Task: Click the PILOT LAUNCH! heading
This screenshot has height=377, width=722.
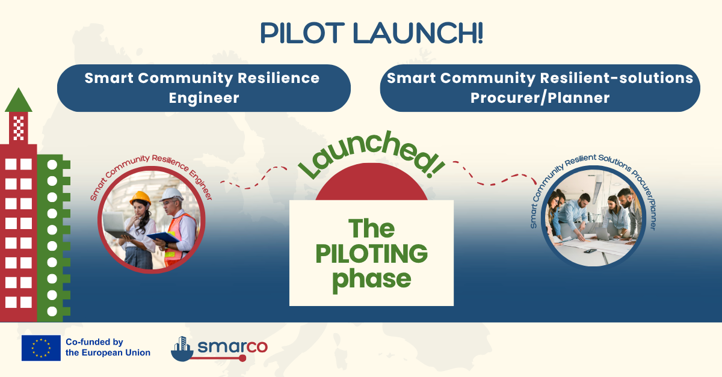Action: click(x=371, y=34)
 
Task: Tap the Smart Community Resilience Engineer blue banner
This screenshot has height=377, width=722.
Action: click(x=203, y=88)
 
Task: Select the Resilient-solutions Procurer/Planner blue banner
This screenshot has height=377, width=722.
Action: click(x=540, y=88)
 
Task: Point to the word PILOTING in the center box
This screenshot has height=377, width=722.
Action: click(x=371, y=254)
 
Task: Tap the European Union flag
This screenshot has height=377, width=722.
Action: click(x=41, y=348)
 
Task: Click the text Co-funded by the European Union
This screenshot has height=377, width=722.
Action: click(x=108, y=348)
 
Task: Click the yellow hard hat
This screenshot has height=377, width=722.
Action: click(x=140, y=197)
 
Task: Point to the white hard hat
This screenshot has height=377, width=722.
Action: click(x=173, y=194)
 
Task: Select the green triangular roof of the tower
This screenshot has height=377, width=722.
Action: click(x=18, y=101)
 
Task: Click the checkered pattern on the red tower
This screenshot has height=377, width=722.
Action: click(x=19, y=127)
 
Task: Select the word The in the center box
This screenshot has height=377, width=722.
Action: click(x=371, y=228)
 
